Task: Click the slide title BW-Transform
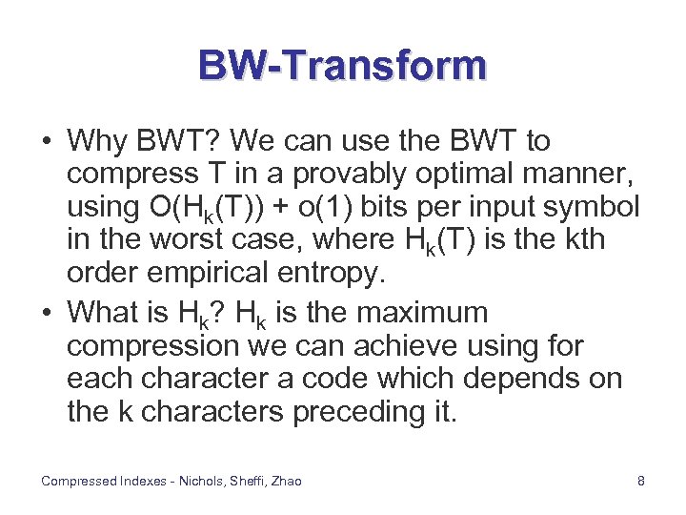(342, 66)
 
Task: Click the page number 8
(641, 482)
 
